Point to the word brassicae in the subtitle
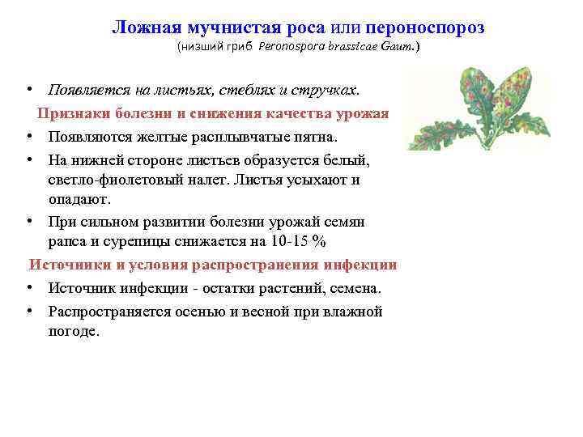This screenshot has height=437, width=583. pos(362,48)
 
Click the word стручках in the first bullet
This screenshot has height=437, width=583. pos(335,87)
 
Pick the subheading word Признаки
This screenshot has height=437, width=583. pos(70,112)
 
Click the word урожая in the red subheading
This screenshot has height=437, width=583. pos(363,112)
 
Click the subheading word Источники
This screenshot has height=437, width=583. pos(67,265)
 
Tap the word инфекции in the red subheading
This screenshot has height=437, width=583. pos(360,265)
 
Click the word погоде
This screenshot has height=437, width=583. pos(74,331)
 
